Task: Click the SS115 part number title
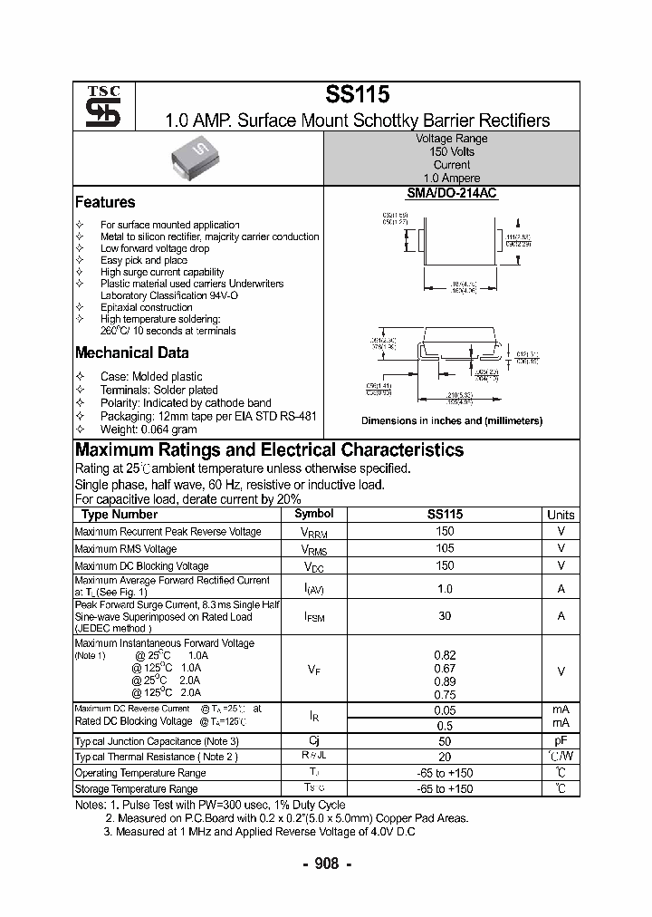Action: [357, 94]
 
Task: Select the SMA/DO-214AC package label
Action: [452, 193]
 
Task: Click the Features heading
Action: [105, 202]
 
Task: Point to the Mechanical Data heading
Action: [131, 353]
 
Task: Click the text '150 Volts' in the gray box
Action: [452, 152]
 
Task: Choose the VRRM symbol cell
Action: [313, 533]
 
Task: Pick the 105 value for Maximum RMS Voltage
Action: [445, 548]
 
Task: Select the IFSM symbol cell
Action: [313, 616]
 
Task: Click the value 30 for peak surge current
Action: [445, 615]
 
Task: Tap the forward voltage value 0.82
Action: [445, 655]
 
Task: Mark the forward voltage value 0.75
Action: [445, 694]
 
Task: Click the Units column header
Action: [561, 514]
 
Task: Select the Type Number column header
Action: [120, 514]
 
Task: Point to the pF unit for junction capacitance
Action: [561, 740]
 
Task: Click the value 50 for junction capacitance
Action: [445, 740]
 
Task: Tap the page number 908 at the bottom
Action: [326, 864]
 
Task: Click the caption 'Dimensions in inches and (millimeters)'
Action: [452, 420]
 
